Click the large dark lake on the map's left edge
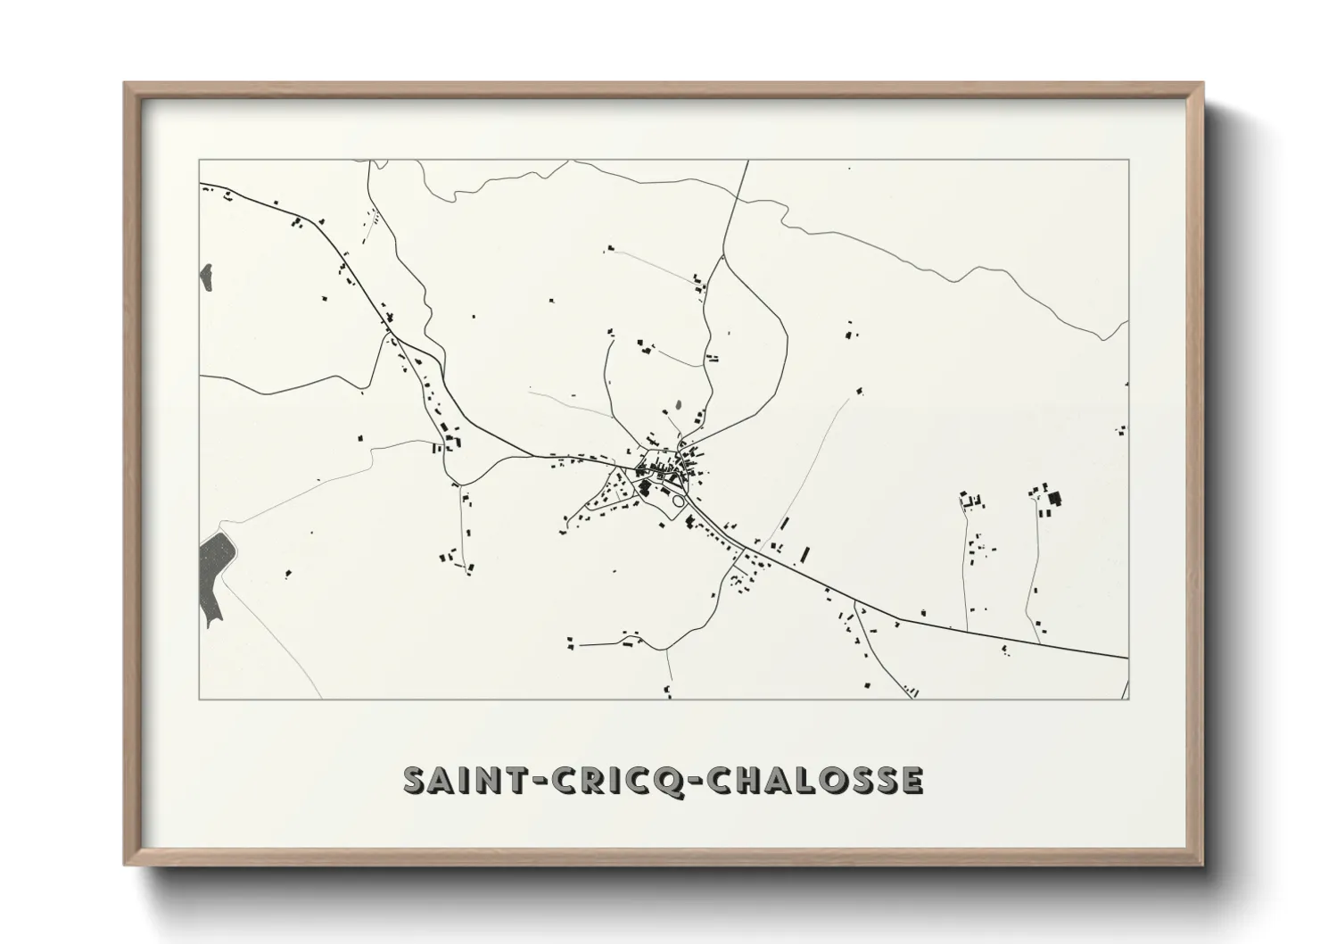click(x=214, y=578)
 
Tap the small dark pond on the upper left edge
click(x=207, y=277)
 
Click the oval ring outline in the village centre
click(x=678, y=502)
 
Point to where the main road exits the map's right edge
click(x=1127, y=658)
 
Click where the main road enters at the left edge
click(x=201, y=185)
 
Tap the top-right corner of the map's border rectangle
click(x=1128, y=160)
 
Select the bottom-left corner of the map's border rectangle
click(x=199, y=699)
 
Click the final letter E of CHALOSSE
click(x=911, y=780)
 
